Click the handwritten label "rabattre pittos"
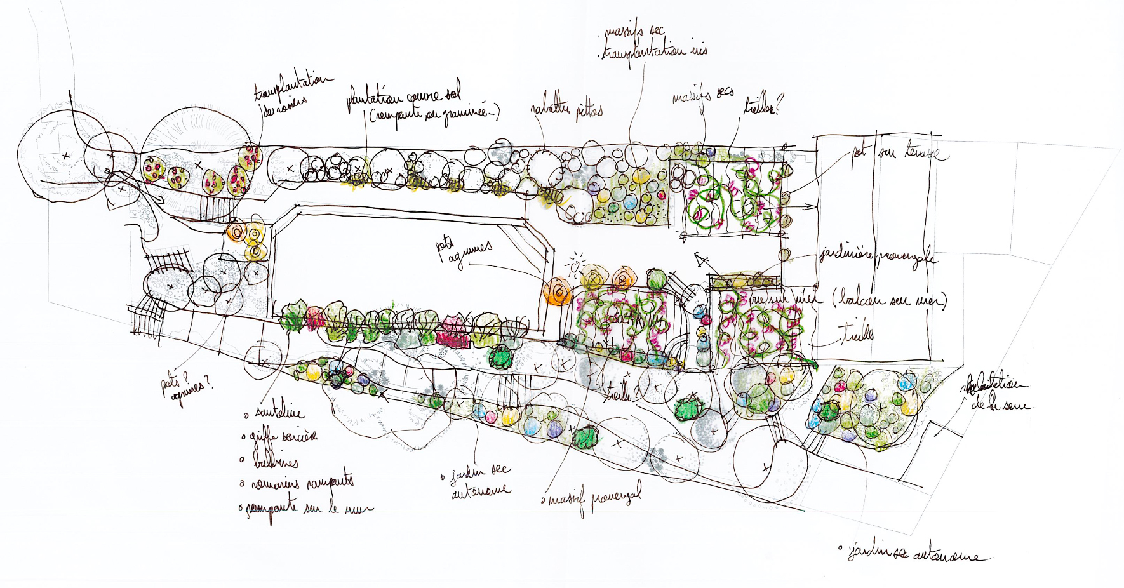[566, 110]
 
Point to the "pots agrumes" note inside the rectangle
[464, 251]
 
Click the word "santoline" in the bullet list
[280, 413]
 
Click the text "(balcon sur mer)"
[890, 300]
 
